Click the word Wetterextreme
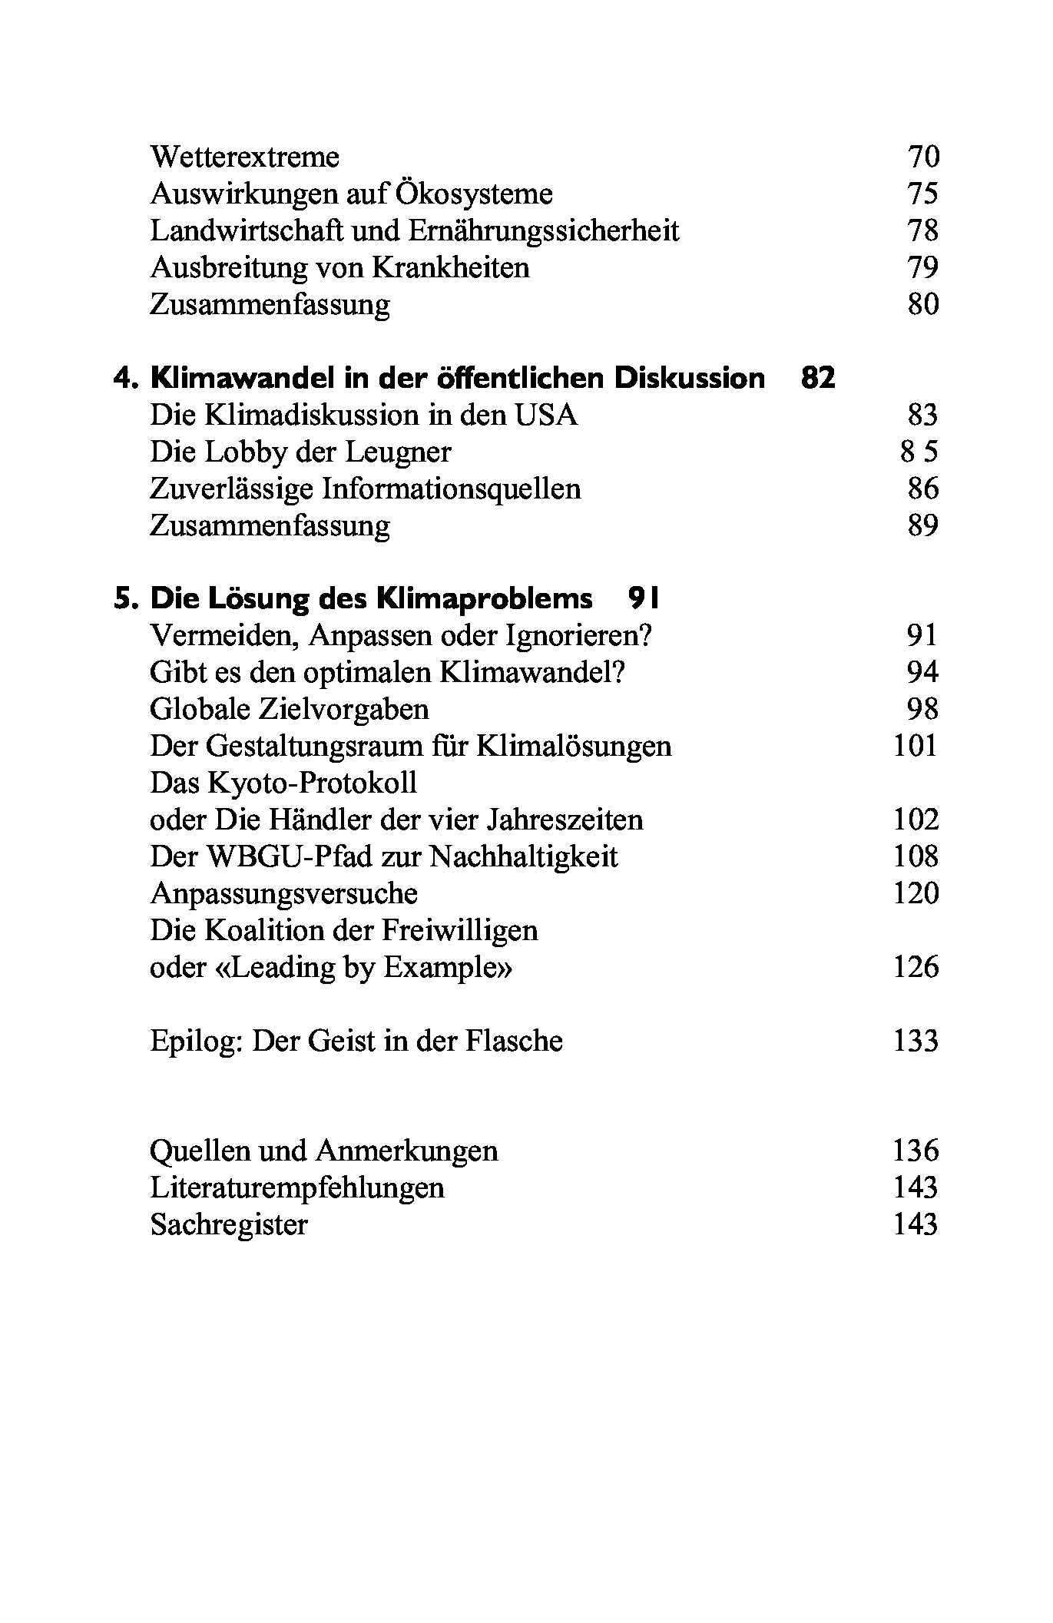244,157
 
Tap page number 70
922,157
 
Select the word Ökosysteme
474,194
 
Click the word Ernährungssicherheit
545,231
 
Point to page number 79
922,268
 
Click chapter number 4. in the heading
126,379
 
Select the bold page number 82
817,379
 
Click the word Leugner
398,452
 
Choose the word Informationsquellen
451,489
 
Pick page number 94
922,673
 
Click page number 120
916,894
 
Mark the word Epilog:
196,1042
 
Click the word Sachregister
229,1225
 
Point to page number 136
916,1151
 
